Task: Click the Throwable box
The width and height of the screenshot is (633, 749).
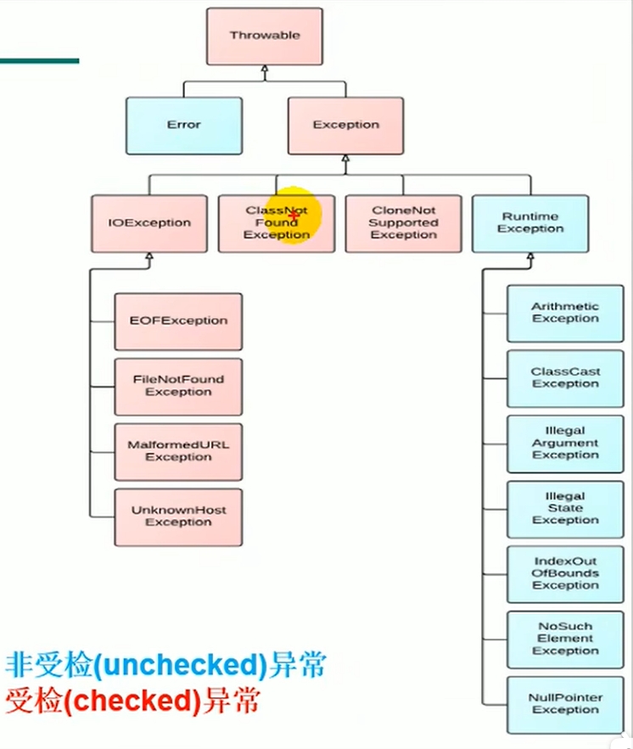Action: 264,36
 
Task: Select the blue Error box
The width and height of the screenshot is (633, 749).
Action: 184,126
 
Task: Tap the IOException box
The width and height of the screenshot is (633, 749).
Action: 149,224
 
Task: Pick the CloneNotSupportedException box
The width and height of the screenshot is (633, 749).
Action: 403,224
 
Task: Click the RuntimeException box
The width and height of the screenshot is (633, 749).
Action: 530,224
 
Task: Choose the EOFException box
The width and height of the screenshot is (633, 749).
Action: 178,321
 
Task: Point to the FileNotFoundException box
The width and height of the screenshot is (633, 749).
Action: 178,387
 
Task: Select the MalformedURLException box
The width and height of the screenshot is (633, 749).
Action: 178,452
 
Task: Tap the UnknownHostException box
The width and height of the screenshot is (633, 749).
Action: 178,517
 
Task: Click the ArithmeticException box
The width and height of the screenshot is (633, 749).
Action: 565,313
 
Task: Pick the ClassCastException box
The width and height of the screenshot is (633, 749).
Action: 565,379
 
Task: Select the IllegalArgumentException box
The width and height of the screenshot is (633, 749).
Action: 565,444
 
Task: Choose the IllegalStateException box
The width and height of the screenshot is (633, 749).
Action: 565,509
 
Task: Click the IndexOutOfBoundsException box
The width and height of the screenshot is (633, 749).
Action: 565,574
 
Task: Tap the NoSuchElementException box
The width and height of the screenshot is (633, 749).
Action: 565,640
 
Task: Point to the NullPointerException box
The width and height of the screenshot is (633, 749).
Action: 565,705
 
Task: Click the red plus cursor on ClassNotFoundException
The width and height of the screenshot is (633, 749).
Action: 294,217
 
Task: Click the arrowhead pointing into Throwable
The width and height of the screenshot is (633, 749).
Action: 264,70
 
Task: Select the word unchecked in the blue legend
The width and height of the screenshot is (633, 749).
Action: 180,665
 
